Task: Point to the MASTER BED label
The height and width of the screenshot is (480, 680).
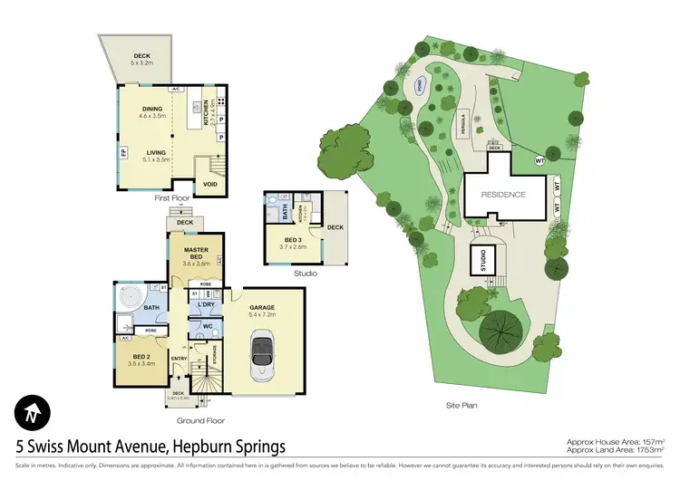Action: point(196,254)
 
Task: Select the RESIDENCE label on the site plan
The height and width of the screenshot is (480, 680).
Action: point(503,195)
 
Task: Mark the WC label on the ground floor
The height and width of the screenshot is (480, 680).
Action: point(207,326)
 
